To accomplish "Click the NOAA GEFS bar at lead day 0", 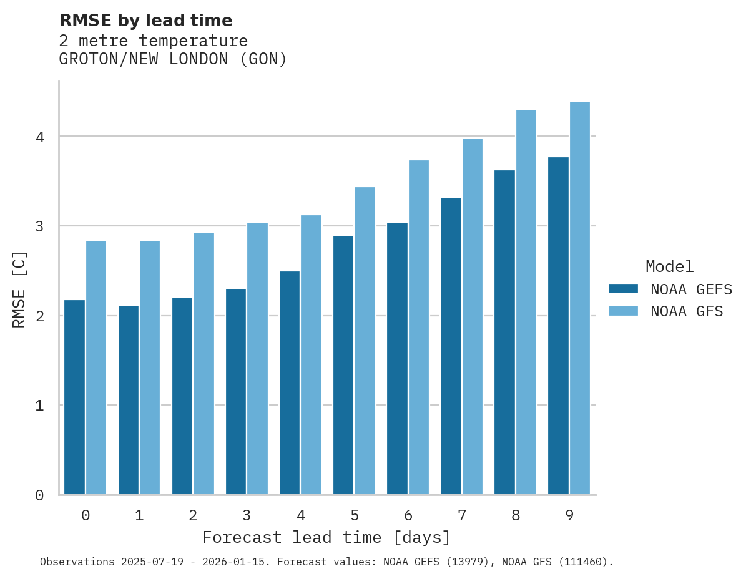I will (x=74, y=397).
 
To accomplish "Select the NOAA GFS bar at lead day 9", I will (x=580, y=298).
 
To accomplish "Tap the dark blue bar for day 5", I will (x=343, y=365).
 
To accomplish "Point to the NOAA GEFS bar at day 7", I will (x=451, y=346).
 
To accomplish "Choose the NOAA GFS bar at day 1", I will (x=150, y=367).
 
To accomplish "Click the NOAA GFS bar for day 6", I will (x=418, y=328).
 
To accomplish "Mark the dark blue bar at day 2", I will (x=182, y=396).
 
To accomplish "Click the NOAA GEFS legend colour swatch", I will (x=623, y=289).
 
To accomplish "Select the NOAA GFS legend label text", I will (x=687, y=311).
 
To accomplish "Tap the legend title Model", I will (x=669, y=267).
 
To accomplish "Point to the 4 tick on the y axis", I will (x=39, y=137).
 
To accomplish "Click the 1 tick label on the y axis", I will (x=39, y=406).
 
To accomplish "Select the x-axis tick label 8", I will (x=516, y=515).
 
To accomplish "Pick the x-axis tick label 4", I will (x=301, y=515).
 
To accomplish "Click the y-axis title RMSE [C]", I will (x=19, y=288).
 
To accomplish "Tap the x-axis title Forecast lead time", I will (x=326, y=537).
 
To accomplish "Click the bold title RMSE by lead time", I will (x=145, y=21).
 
